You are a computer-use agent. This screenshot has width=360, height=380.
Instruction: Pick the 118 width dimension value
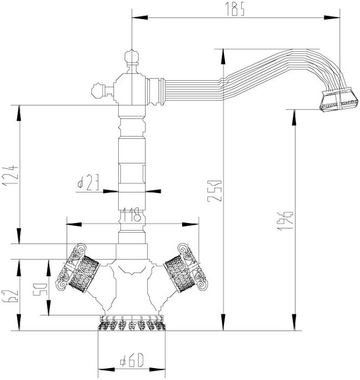[131, 215]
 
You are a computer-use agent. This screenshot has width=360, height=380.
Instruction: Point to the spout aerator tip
[338, 100]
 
